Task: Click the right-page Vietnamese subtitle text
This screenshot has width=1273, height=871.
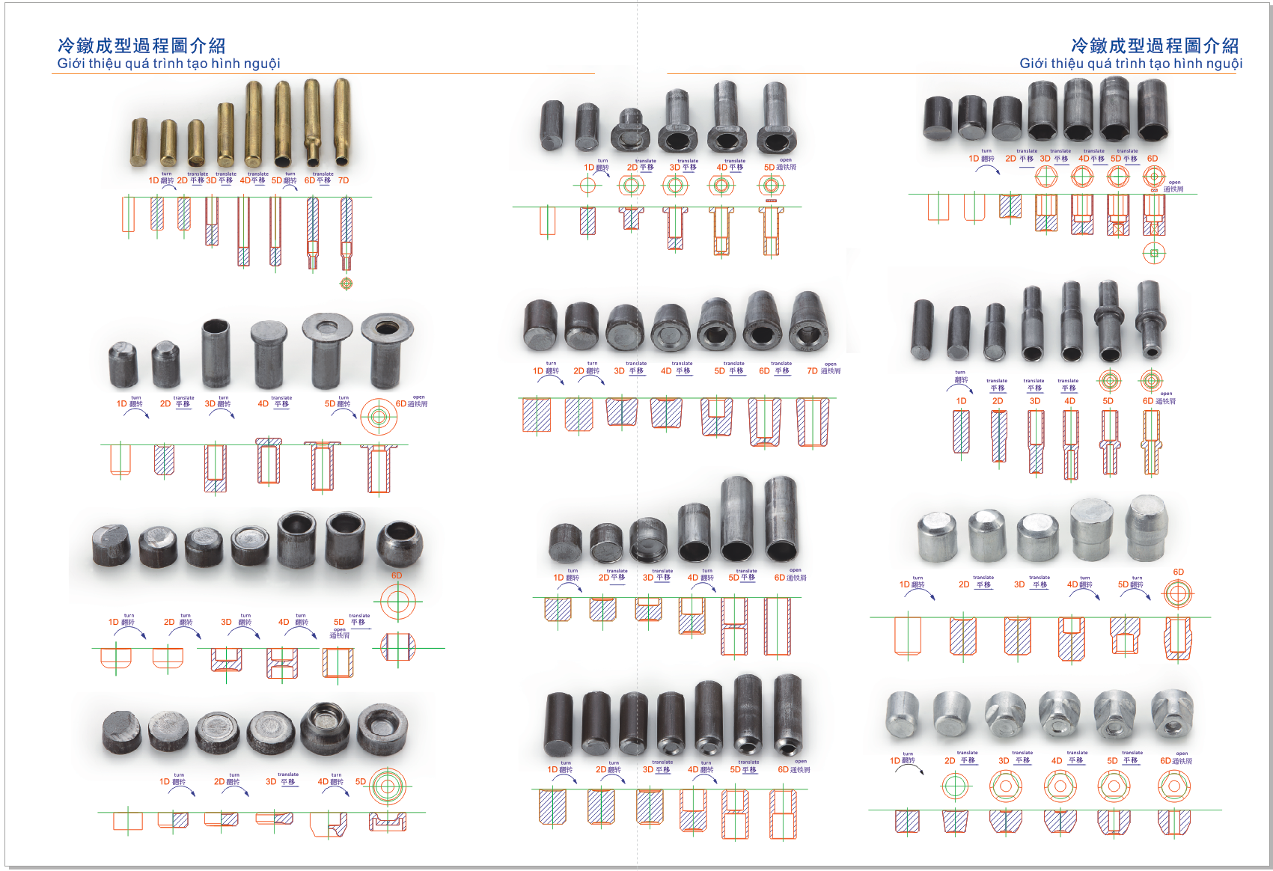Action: (x=1130, y=64)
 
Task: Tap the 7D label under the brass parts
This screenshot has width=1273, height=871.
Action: (x=344, y=180)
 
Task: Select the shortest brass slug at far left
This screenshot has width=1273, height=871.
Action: (x=139, y=142)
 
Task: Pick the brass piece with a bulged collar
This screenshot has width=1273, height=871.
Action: (x=312, y=123)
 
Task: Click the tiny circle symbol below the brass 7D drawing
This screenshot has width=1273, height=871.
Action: (x=346, y=283)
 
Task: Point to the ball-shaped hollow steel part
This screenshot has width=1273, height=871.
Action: (x=400, y=544)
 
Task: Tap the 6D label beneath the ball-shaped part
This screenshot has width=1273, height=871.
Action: (x=397, y=575)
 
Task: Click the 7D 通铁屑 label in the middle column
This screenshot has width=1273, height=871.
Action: (x=823, y=370)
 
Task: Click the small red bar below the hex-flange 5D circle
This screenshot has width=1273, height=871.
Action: (x=771, y=201)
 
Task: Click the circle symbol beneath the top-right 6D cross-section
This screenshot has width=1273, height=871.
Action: (x=1153, y=253)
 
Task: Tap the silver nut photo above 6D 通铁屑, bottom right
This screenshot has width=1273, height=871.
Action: (x=1171, y=715)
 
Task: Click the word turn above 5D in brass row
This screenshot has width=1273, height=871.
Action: (x=290, y=174)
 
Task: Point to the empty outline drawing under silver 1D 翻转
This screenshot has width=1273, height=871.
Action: (x=907, y=635)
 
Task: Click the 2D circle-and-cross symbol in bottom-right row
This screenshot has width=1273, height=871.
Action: (x=955, y=786)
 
